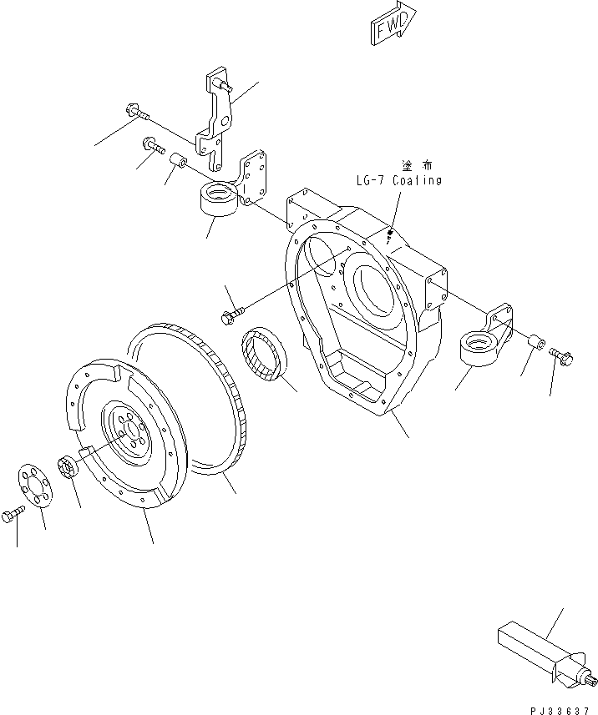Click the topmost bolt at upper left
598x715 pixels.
[x=136, y=109]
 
